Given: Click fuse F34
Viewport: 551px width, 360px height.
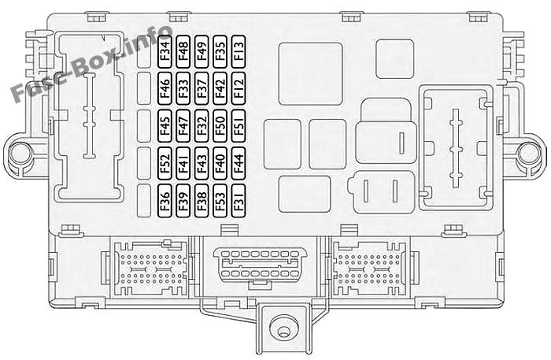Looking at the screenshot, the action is click(165, 52).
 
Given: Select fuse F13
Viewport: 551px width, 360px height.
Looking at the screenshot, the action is click(239, 52).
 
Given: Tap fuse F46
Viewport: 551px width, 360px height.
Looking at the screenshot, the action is click(165, 88).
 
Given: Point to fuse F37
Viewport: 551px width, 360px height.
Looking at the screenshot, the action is click(202, 88).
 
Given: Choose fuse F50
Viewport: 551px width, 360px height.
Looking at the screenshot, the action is click(220, 126).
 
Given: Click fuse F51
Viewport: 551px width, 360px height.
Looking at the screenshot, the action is click(239, 126).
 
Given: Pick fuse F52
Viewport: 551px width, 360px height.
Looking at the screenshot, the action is click(165, 163).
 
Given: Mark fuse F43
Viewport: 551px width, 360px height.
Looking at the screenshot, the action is click(202, 163).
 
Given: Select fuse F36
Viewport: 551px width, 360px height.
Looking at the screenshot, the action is click(165, 200).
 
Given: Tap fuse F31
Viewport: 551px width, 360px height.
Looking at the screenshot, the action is click(239, 200).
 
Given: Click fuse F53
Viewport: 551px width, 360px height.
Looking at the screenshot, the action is click(220, 200).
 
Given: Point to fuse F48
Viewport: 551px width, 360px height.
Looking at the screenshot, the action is click(183, 52).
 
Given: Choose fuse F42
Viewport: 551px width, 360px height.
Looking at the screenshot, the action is click(220, 88).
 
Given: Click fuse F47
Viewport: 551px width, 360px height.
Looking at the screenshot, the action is click(183, 126).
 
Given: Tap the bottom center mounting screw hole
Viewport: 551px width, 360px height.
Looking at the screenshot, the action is click(283, 331).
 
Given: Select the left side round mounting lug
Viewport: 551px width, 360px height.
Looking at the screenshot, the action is click(20, 154).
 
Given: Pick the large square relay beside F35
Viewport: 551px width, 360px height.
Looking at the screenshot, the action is click(311, 74).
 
